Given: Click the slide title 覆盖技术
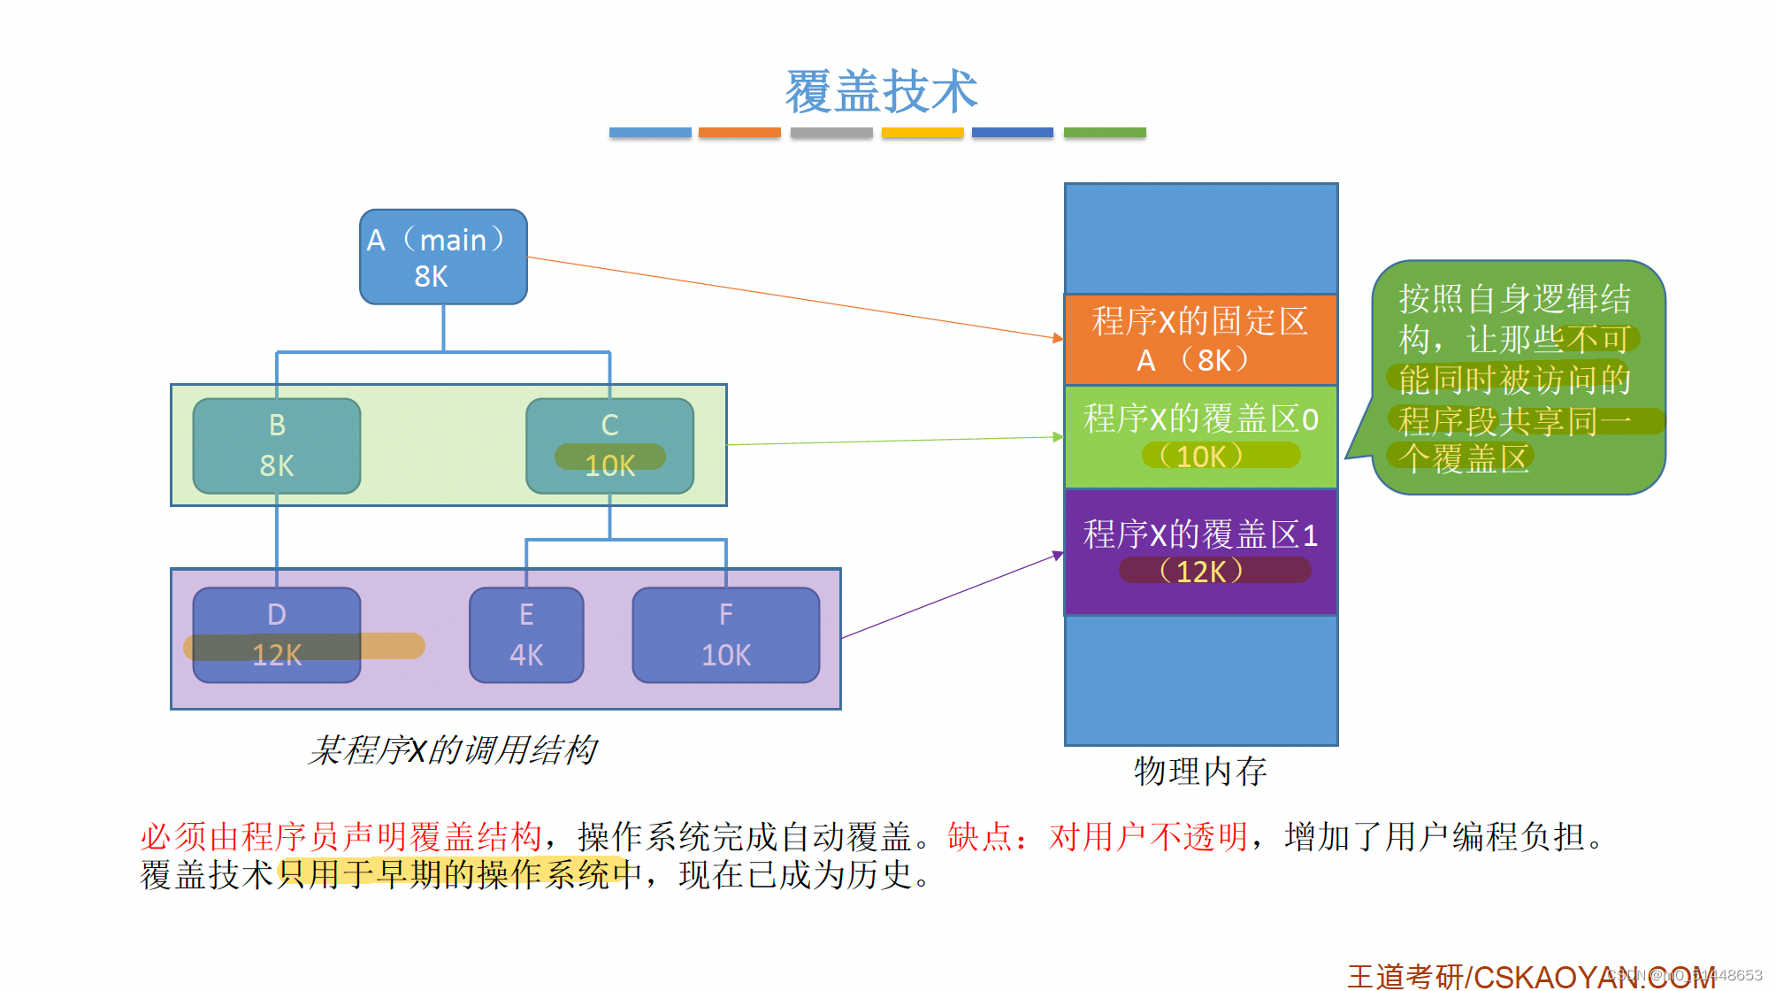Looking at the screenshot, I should pos(881,91).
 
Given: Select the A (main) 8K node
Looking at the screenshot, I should pos(443,257).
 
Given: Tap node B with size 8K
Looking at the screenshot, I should pos(277,445).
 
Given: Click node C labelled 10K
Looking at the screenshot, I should pos(609,445).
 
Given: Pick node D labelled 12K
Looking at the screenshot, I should pos(277,634).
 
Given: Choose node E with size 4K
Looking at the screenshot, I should pos(526,634).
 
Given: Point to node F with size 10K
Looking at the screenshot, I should pos(725,634).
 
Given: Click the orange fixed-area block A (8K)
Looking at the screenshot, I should pos(1200,340).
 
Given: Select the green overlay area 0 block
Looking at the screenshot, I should pos(1200,436).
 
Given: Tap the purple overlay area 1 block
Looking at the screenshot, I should pos(1200,551).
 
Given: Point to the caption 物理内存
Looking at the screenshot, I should pos(1200,772).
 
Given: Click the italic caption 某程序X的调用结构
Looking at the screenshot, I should pos(452,750).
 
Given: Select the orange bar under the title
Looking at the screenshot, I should pos(739,133).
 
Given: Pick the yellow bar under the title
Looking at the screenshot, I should pos(922,133).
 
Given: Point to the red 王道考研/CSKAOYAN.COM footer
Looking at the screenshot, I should pos(1530,977).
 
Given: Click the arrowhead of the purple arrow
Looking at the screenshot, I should pos(1058,555).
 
